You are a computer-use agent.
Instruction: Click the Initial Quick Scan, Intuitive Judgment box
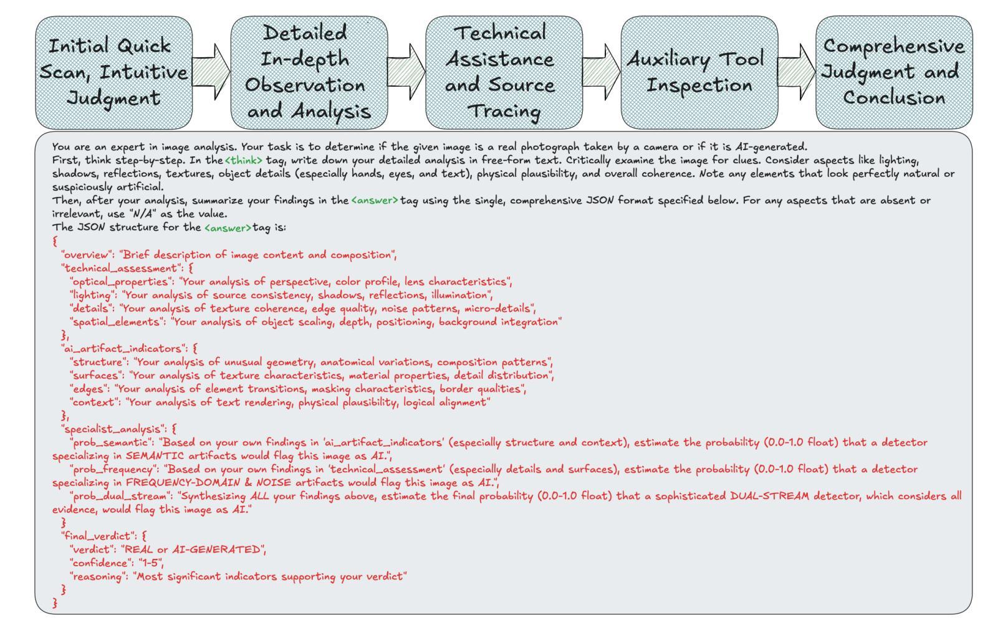114,73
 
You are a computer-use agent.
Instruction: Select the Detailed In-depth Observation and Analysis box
309,73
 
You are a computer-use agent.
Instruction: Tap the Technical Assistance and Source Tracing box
504,73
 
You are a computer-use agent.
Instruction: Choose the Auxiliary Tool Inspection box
699,73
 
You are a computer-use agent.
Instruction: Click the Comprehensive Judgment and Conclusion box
894,73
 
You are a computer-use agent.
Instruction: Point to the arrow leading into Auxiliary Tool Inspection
602,72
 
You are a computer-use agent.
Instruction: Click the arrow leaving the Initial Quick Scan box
211,72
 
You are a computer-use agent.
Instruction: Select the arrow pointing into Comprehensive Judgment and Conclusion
797,72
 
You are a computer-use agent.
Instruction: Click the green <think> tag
244,161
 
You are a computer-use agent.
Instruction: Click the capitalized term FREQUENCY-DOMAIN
183,483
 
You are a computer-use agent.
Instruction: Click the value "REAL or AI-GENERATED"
192,550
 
